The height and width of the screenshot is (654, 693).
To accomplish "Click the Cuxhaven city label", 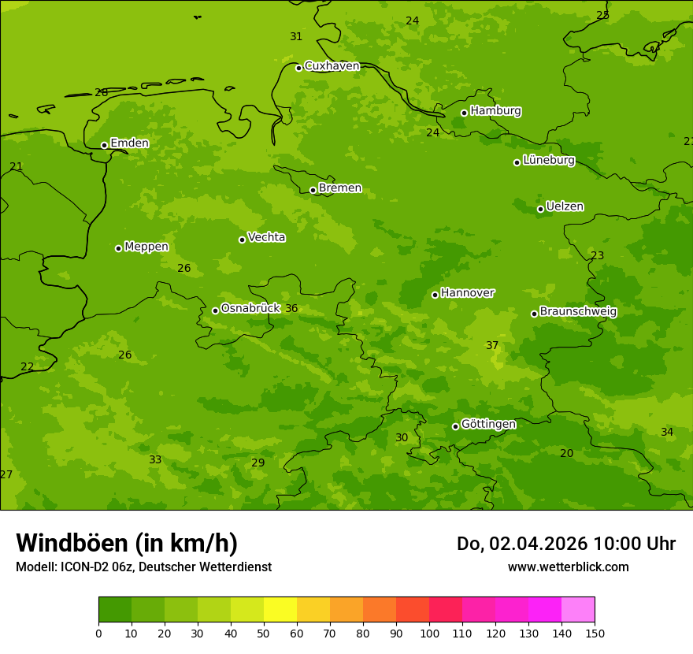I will tap(332, 66).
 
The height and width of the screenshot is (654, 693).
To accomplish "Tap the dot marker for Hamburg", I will tap(464, 113).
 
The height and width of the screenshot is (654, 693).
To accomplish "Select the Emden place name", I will tap(129, 143).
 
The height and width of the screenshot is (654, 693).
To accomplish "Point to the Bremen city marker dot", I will tap(313, 190).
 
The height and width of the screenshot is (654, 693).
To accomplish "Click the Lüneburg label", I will tap(548, 161).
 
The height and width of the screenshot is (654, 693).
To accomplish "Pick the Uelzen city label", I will tap(565, 207).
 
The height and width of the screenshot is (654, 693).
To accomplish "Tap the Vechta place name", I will tap(266, 238).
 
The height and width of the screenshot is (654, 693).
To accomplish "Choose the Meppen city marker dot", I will tap(118, 248).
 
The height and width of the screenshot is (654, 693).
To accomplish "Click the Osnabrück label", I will tap(250, 309).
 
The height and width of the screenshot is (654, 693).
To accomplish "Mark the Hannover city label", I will tap(467, 293).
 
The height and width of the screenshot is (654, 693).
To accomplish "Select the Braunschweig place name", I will tap(578, 312).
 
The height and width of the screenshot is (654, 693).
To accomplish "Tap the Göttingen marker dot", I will tap(455, 426).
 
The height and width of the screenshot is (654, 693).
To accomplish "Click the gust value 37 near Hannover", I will tap(492, 346).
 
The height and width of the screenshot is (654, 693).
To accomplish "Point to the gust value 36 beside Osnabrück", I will tap(291, 309).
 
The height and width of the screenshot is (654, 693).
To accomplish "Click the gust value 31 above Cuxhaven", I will tap(296, 37).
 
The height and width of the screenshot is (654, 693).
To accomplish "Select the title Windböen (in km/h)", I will tap(127, 543).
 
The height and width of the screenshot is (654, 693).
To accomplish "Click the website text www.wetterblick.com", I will tap(568, 567).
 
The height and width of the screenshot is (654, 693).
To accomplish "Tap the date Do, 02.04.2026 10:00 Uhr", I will tap(565, 544).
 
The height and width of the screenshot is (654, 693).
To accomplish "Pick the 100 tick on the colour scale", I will tap(429, 633).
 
